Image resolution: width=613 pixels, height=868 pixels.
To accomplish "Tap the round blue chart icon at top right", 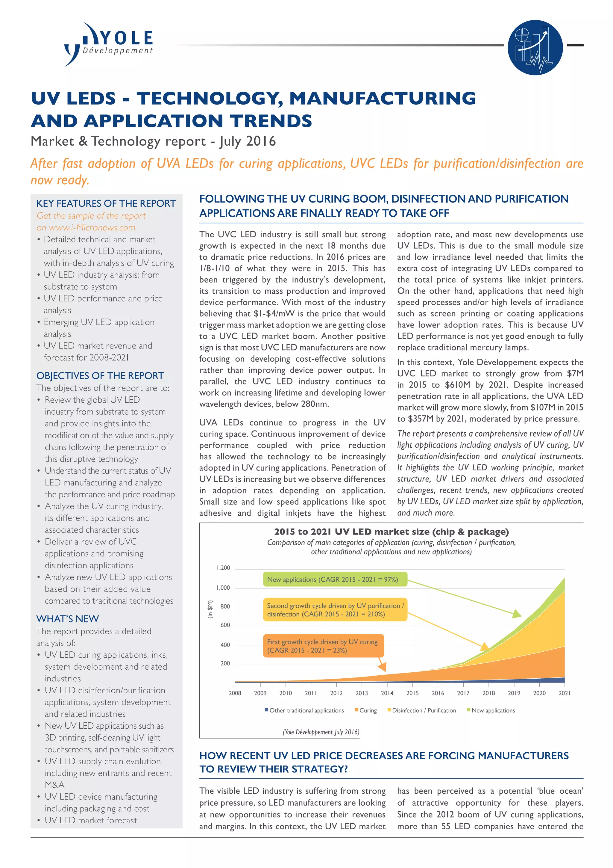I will [535, 48].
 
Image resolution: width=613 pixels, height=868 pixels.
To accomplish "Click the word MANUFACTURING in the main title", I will [382, 98].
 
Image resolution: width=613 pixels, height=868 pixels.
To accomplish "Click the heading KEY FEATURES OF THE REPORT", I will [106, 203].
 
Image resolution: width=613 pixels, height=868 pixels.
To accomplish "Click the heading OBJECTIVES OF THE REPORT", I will [100, 376].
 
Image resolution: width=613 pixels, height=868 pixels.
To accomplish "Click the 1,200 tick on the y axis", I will [223, 568].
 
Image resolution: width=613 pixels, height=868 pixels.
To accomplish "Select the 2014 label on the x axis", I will [387, 693].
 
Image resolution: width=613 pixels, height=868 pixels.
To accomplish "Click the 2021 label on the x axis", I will [564, 693].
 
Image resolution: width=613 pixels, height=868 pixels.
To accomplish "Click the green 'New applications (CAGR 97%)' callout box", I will [335, 579].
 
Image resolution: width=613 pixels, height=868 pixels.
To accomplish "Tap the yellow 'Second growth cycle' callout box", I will [335, 610].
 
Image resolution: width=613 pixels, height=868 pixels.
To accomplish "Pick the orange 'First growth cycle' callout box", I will [323, 646].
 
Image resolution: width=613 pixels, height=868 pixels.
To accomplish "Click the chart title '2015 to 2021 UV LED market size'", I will [391, 532].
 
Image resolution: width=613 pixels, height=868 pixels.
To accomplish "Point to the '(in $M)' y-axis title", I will [210, 609].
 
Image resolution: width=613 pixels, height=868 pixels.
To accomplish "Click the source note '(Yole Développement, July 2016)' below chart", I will [321, 732].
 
